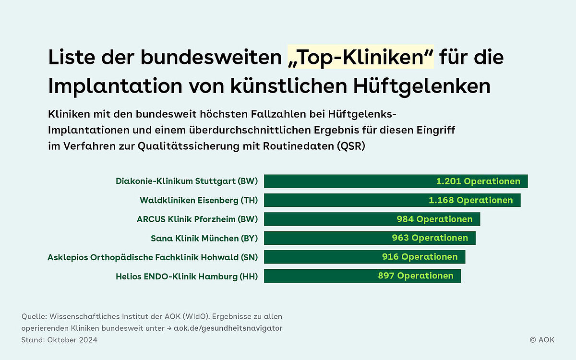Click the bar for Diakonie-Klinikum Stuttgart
(x=346, y=181)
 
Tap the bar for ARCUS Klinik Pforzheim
(x=326, y=219)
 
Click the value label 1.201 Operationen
(x=478, y=181)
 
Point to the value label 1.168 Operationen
(x=470, y=200)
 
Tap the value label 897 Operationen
(x=415, y=276)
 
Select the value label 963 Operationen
(x=430, y=238)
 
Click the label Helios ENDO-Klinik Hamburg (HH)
(x=187, y=276)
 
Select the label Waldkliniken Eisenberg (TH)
(x=199, y=200)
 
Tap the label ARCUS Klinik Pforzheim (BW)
(x=197, y=219)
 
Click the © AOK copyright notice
(x=542, y=340)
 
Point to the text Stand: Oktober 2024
(x=60, y=340)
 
